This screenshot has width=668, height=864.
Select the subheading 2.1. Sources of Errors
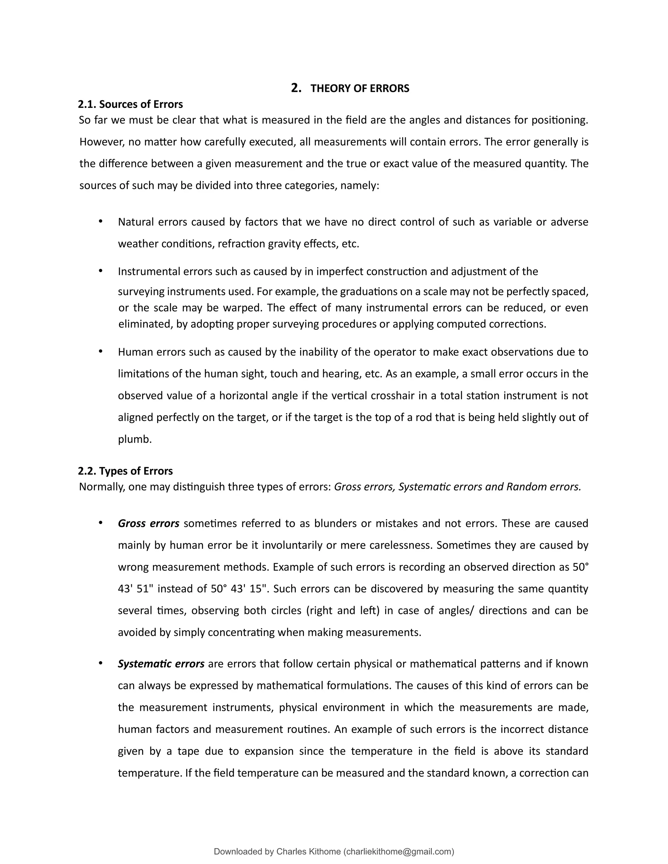[x=130, y=104]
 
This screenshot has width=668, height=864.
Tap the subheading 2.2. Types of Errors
[x=126, y=471]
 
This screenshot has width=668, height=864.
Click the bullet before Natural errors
[x=100, y=221]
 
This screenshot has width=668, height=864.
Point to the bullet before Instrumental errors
[x=100, y=271]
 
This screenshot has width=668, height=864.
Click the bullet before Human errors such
[x=100, y=351]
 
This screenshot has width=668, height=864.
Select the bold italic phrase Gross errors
[x=148, y=523]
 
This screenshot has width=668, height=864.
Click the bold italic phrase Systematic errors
[x=161, y=663]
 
